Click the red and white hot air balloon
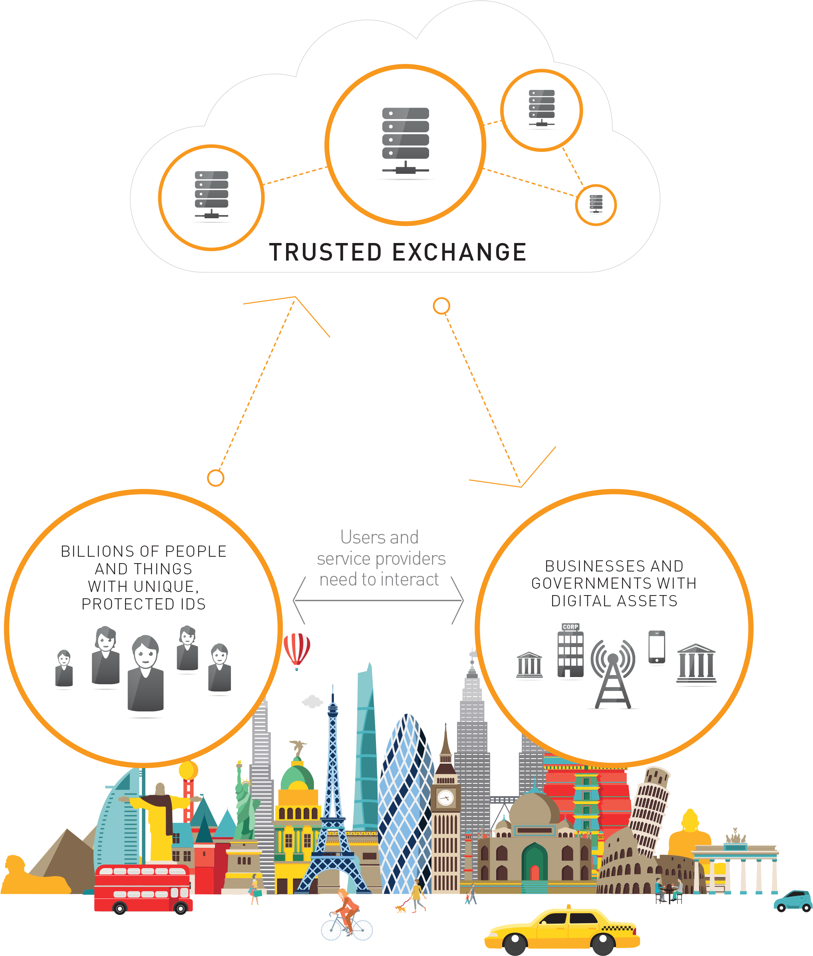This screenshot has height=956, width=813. pyautogui.click(x=296, y=650)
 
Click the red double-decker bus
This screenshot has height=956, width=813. pyautogui.click(x=143, y=888)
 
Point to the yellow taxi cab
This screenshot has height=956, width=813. pyautogui.click(x=562, y=931)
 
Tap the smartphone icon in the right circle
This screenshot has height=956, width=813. pyautogui.click(x=656, y=647)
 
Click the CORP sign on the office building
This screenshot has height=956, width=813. pyautogui.click(x=570, y=627)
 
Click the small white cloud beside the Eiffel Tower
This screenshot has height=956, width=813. pyautogui.click(x=312, y=701)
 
